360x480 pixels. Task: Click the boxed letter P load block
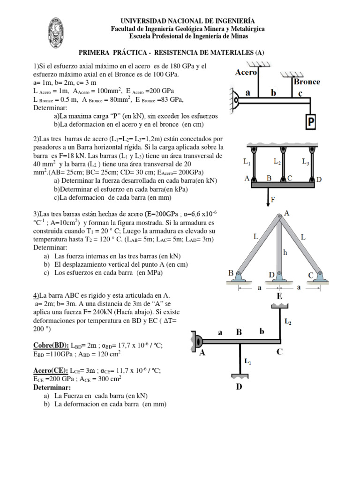(x=310, y=122)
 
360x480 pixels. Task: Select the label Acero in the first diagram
(x=246, y=73)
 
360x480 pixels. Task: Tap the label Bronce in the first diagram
(x=307, y=82)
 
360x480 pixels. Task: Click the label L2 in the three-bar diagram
(x=277, y=161)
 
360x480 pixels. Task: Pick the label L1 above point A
(x=247, y=162)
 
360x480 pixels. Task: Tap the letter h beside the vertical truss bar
(x=284, y=252)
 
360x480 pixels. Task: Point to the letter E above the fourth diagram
(x=279, y=296)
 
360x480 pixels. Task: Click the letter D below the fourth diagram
(x=239, y=388)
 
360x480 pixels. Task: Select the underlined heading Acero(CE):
(x=51, y=370)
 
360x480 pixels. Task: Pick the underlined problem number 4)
(x=36, y=295)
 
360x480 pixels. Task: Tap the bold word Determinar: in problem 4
(x=52, y=388)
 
